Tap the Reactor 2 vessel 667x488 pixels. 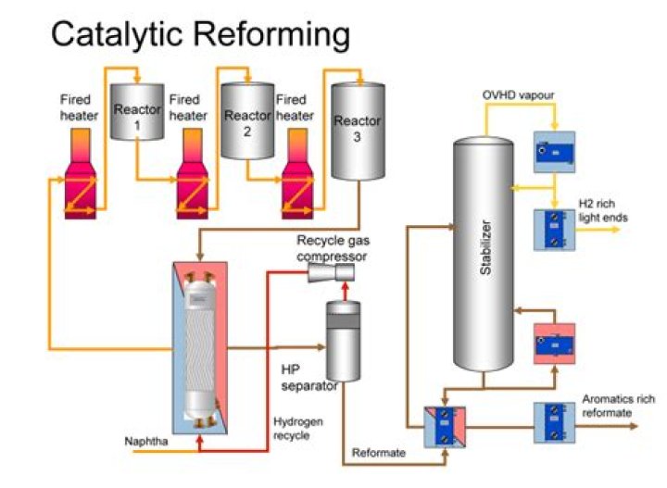tap(246, 119)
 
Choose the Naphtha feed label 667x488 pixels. tap(147, 441)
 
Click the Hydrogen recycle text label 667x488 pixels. tap(297, 427)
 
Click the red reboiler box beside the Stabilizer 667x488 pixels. tap(554, 344)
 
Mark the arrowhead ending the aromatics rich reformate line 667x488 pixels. tap(635, 426)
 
